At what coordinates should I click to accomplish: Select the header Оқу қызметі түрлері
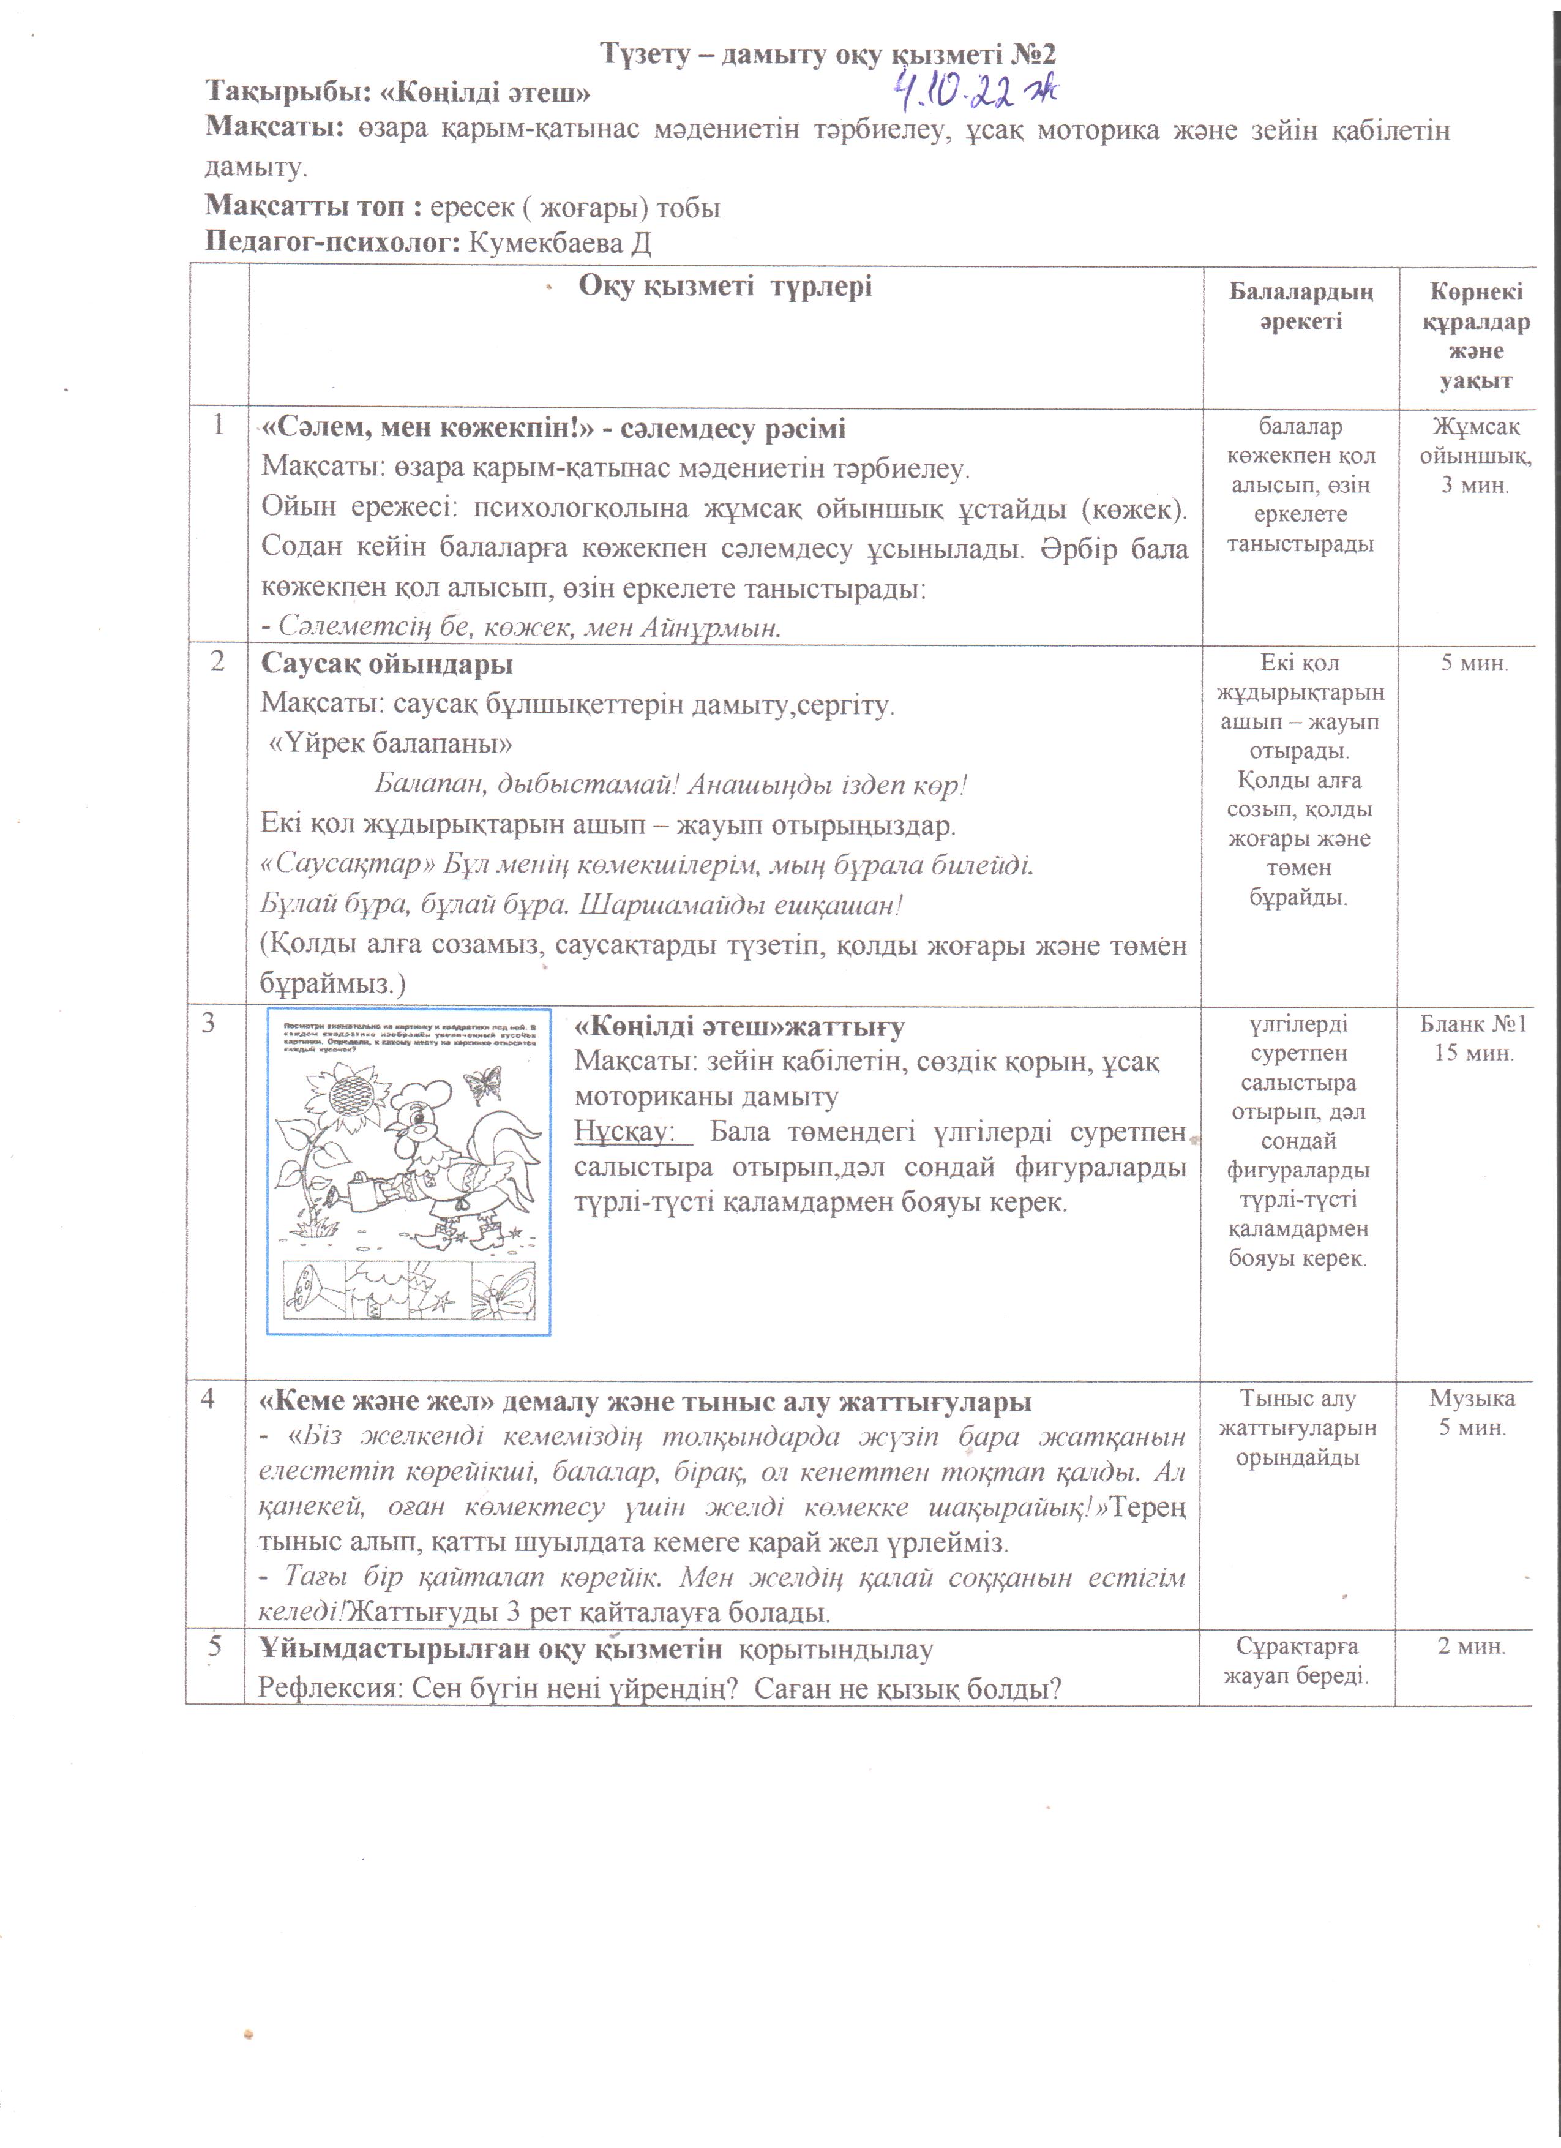tap(725, 286)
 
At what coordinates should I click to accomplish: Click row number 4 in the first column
tap(208, 1399)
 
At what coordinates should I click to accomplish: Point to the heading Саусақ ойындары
tap(386, 664)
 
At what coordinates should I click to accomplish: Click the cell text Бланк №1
tap(1473, 1024)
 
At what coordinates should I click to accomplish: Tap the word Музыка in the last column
tap(1472, 1398)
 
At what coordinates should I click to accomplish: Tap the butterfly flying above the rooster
tap(484, 1083)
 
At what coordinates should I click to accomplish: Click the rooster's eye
tap(414, 1121)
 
